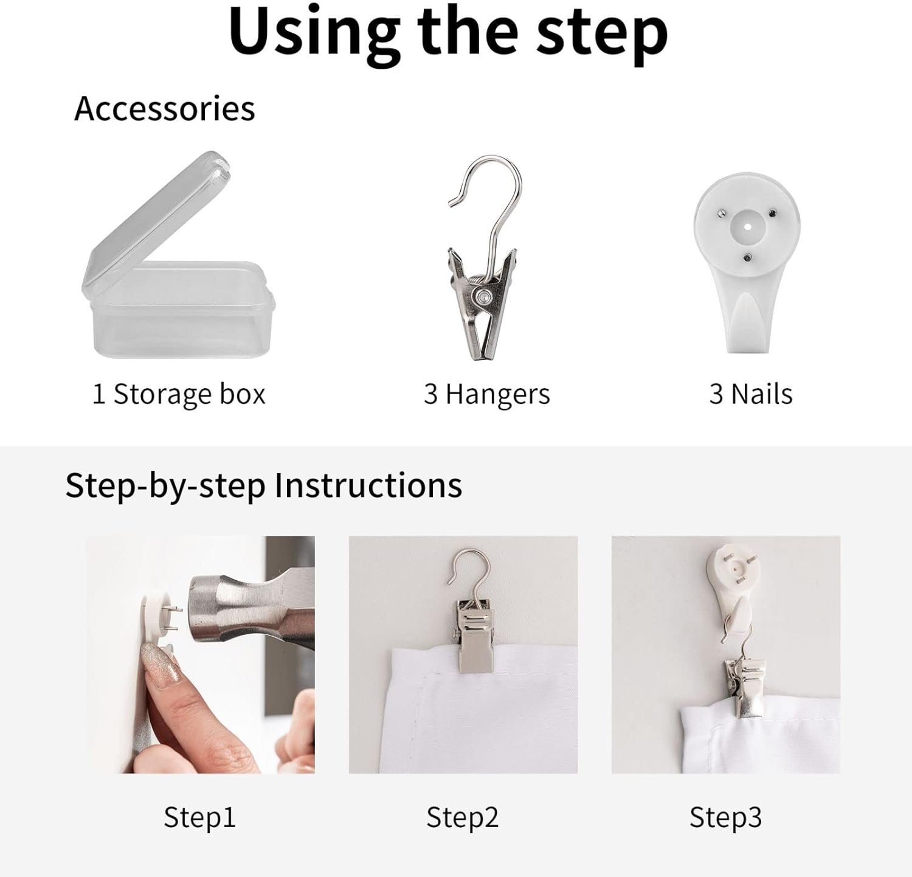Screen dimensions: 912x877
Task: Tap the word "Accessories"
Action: tap(164, 109)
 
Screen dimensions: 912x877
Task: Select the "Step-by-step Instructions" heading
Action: tap(264, 486)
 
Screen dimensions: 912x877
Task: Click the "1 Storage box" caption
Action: tap(179, 394)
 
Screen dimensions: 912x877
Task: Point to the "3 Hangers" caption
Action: tap(486, 394)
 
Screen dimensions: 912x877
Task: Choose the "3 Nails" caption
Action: tap(751, 394)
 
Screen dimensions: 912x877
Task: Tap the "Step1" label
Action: tap(199, 817)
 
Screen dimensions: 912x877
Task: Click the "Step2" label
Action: tap(462, 817)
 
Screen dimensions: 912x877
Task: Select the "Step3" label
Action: tap(725, 817)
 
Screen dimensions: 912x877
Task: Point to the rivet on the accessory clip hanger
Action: tap(485, 296)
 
